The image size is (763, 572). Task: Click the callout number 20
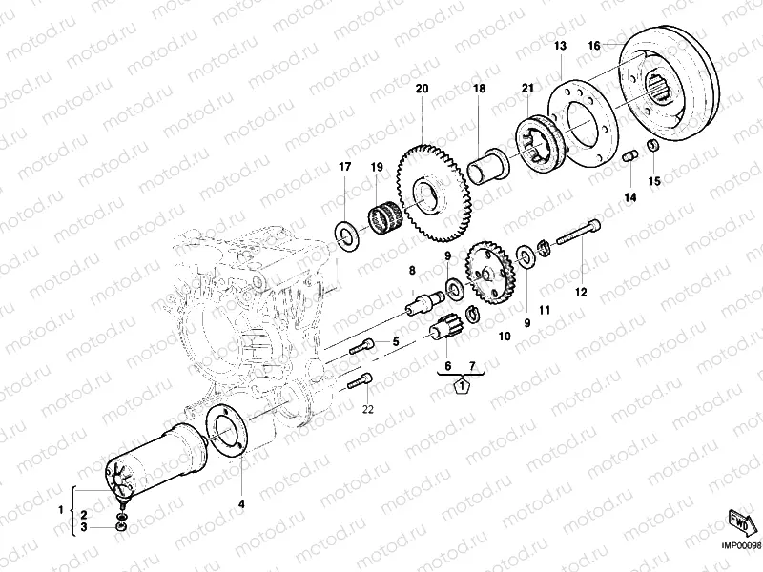coord(422,89)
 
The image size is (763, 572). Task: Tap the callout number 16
coord(593,45)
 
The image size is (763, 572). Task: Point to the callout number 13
coord(560,46)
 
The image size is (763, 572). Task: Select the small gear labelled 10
coord(492,273)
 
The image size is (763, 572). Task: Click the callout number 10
coord(505,337)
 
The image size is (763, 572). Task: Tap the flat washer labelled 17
coord(347,234)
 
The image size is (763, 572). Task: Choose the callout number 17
coord(346,168)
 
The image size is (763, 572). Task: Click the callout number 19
coord(376,168)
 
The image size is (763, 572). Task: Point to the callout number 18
coord(480,89)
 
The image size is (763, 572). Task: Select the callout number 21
coord(526,89)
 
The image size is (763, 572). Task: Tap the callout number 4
coord(240,502)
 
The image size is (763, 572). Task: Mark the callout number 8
coord(412,271)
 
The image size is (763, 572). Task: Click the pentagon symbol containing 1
coord(461,386)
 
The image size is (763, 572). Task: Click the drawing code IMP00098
coord(740,546)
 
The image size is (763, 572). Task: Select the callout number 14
coord(629,197)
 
